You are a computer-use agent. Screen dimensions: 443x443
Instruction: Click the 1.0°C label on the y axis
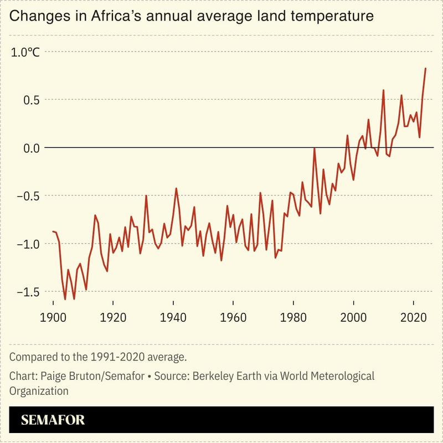[x=25, y=53]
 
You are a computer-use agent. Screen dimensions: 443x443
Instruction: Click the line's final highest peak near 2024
[x=425, y=68]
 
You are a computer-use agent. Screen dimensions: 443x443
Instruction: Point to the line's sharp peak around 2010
[x=383, y=90]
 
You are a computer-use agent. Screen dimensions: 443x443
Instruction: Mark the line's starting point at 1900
[x=53, y=231]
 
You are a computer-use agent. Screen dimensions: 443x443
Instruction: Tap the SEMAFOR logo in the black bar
[x=53, y=420]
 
